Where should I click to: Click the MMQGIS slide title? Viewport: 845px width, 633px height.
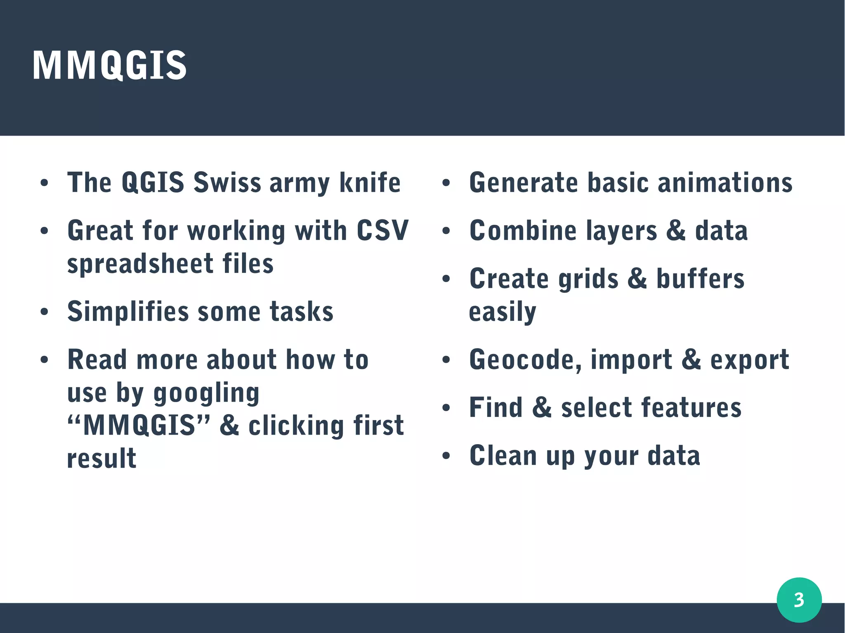109,65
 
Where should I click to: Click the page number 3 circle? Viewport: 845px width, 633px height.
799,600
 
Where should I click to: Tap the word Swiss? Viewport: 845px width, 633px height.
227,182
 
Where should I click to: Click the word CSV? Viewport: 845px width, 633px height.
382,230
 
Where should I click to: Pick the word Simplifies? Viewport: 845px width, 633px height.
128,312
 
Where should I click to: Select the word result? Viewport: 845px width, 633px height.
101,458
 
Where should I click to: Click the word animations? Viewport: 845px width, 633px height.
725,182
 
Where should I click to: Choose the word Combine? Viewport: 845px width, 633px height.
523,230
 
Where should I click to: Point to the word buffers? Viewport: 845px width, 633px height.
700,279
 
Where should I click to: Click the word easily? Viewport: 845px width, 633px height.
502,312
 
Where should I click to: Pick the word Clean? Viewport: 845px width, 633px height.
503,455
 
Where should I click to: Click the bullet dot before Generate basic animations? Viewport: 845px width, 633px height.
446,183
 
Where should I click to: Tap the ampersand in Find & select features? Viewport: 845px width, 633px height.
542,407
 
